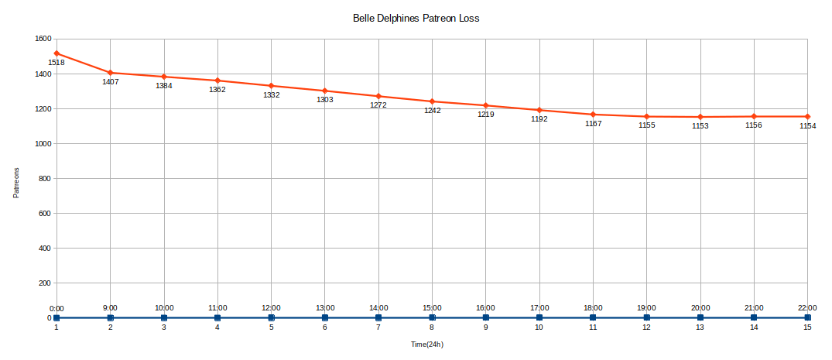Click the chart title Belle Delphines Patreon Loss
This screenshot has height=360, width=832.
point(416,18)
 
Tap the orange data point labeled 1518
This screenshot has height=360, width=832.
point(57,53)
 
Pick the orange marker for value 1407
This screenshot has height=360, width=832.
point(111,73)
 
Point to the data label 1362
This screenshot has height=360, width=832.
point(217,90)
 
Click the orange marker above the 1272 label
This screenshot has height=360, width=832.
point(378,96)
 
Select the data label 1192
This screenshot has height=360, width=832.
point(539,119)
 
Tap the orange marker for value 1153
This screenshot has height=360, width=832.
point(700,117)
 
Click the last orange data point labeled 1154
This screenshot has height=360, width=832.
point(807,117)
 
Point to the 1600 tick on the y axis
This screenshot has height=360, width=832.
point(43,39)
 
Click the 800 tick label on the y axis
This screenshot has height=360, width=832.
point(45,179)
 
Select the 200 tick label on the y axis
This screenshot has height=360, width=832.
point(45,283)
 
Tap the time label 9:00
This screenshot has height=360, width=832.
point(111,308)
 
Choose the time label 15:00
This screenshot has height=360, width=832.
point(432,308)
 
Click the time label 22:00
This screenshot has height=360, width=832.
point(807,308)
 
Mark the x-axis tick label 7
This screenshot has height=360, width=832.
point(378,327)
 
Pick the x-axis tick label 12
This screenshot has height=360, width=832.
point(646,327)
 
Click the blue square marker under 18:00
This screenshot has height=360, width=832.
point(593,317)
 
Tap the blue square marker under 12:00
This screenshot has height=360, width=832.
point(272,317)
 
